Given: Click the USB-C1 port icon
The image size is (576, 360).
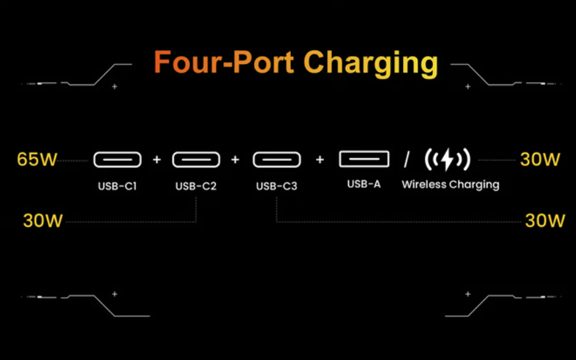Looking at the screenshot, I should pos(117,160).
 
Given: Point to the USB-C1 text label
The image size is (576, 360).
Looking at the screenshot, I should pos(117,186).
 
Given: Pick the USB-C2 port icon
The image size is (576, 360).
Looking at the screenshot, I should pos(196,160).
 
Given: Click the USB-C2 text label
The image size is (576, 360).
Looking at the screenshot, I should pos(196,186).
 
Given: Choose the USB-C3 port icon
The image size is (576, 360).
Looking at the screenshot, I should pos(276,160).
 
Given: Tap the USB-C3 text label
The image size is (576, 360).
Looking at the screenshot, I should pos(276,187).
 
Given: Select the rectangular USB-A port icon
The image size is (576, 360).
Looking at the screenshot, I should pos(364,159).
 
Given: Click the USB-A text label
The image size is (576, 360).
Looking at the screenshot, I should pos(364,184).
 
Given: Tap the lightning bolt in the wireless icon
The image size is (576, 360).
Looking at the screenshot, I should pos(447,160).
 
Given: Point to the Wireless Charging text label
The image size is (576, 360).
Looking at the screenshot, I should pos(451,185).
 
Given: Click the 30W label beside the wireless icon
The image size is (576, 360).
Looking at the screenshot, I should pos(540,160).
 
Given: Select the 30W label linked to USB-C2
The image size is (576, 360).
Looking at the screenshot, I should pos(43,221).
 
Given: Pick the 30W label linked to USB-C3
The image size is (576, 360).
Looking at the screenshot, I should pos(545,221).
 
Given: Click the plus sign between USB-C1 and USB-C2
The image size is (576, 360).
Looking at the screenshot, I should pos(156,160).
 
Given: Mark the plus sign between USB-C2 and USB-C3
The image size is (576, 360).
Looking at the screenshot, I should pos(235,160).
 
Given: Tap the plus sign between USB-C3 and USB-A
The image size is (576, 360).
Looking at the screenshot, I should pos(320,160).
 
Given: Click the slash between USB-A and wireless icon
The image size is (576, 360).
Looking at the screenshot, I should pos(407,160).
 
